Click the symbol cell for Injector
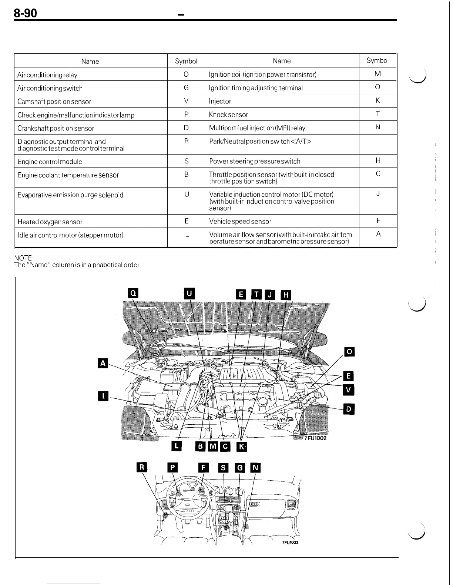pyautogui.click(x=377, y=100)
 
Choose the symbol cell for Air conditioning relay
pyautogui.click(x=186, y=74)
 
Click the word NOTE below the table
pyautogui.click(x=23, y=258)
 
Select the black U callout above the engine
pyautogui.click(x=189, y=293)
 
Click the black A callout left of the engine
pyautogui.click(x=103, y=364)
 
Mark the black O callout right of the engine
pyautogui.click(x=349, y=351)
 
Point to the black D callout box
pyautogui.click(x=349, y=409)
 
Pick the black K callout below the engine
pyautogui.click(x=241, y=447)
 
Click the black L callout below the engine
pyautogui.click(x=177, y=446)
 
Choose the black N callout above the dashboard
pyautogui.click(x=255, y=468)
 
